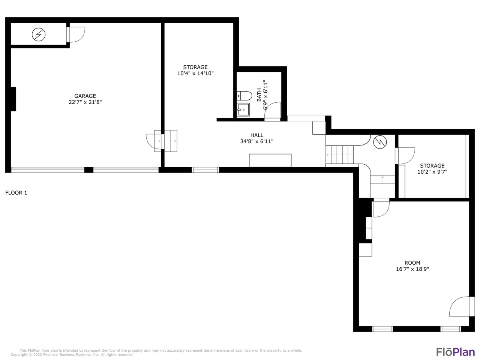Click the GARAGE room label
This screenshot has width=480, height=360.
click(85, 96)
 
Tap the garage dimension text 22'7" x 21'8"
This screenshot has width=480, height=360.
click(85, 102)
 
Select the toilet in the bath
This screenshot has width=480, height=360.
click(244, 96)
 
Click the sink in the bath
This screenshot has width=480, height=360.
click(243, 110)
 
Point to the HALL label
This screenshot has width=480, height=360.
click(257, 135)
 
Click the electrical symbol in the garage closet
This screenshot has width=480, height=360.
click(39, 34)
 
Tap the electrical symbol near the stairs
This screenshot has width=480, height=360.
click(380, 142)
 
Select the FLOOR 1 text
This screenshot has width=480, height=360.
click(16, 193)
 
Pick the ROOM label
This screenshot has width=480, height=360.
click(412, 263)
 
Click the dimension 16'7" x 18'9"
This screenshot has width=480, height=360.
click(412, 269)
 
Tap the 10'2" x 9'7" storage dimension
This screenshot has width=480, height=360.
click(432, 172)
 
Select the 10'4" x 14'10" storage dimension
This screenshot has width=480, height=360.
click(195, 73)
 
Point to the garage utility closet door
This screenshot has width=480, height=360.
click(76, 34)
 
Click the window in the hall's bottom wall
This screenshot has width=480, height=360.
click(205, 170)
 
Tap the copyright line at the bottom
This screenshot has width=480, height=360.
click(72, 354)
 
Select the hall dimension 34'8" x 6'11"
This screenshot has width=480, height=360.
click(257, 141)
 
